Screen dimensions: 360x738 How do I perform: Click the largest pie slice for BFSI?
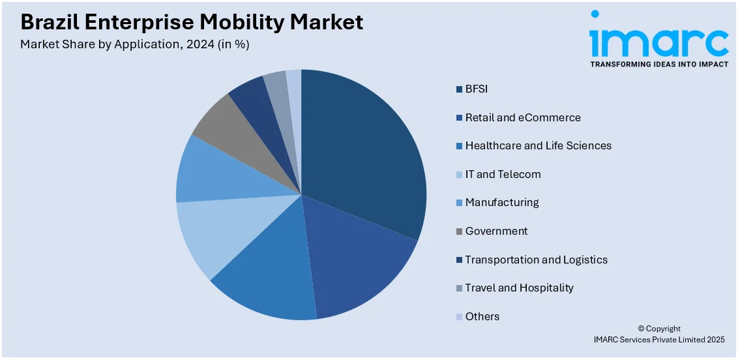tap(365, 150)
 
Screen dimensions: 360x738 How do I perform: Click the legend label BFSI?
tap(476, 89)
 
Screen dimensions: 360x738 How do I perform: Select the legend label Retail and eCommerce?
tap(522, 117)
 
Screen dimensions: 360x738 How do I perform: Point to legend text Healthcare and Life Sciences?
tap(538, 145)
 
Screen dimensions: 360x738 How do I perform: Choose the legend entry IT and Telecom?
tap(503, 174)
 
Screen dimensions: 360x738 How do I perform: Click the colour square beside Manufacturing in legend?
tap(459, 203)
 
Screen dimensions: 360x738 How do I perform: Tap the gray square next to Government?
tap(459, 232)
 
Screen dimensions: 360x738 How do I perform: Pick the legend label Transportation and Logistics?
tap(536, 260)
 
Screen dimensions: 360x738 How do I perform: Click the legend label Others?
tap(482, 316)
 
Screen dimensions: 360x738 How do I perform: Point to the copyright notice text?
tap(658, 334)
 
